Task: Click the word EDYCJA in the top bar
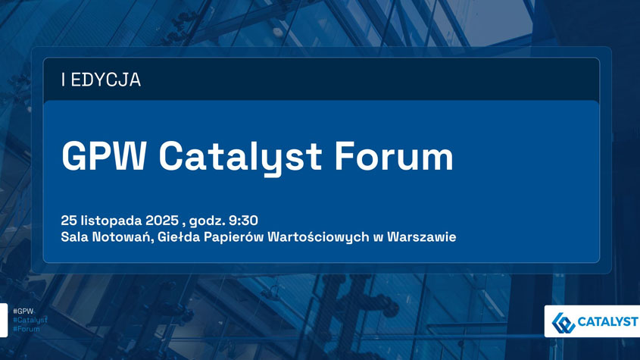106,80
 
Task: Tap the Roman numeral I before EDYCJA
64,80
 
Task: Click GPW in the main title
104,156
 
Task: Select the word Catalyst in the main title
240,158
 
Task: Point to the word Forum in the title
394,156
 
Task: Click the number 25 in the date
69,221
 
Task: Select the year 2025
162,221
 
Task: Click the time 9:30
243,221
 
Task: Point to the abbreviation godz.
208,221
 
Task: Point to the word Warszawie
422,237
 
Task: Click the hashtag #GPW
23,311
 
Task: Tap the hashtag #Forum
27,329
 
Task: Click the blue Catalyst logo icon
564,323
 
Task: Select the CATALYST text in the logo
607,322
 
